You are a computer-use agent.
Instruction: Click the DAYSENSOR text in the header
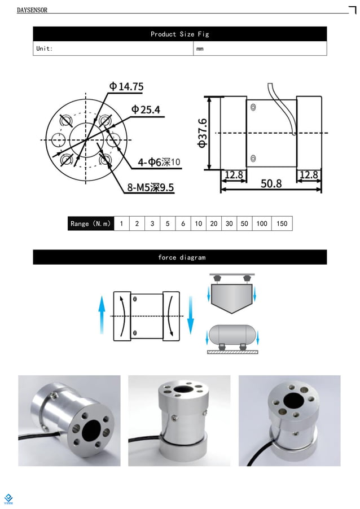pyautogui.click(x=32, y=10)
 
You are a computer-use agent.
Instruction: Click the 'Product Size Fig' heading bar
pyautogui.click(x=179, y=34)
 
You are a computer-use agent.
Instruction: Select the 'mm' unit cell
pyautogui.click(x=200, y=49)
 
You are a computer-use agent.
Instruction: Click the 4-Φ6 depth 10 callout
pyautogui.click(x=160, y=163)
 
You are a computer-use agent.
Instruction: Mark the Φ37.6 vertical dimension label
pyautogui.click(x=203, y=133)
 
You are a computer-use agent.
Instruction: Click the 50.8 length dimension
pyautogui.click(x=271, y=184)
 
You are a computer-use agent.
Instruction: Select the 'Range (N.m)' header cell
pyautogui.click(x=90, y=223)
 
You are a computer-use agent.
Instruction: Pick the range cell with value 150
pyautogui.click(x=282, y=223)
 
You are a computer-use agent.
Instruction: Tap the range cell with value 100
pyautogui.click(x=261, y=223)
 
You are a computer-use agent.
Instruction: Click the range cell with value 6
pyautogui.click(x=183, y=223)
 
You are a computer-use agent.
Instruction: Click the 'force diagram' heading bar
pyautogui.click(x=179, y=257)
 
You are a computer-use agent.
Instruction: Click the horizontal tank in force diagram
pyautogui.click(x=231, y=335)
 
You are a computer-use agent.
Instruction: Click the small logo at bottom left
pyautogui.click(x=8, y=497)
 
